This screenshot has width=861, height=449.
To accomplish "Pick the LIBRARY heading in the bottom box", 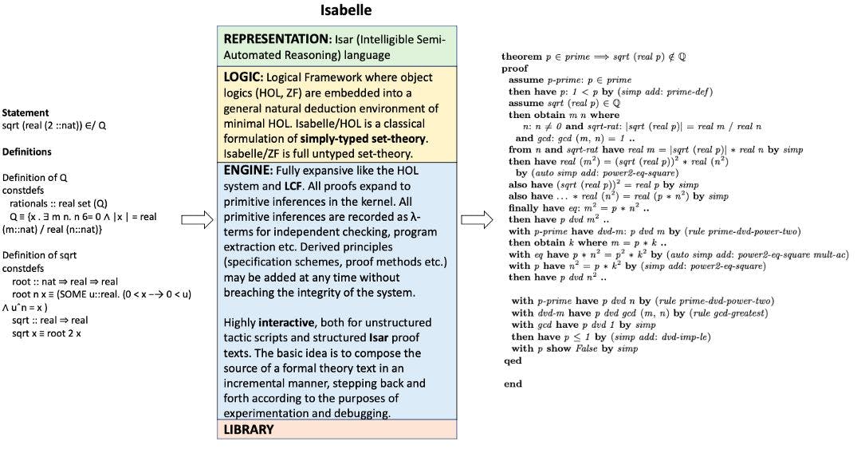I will (x=249, y=429).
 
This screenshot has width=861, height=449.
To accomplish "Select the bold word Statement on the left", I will (x=25, y=113).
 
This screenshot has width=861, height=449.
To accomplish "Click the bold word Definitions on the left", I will (x=27, y=152).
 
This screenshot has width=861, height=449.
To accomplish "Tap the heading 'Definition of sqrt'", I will (x=40, y=255).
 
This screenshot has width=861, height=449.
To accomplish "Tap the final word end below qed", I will (x=512, y=384).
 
